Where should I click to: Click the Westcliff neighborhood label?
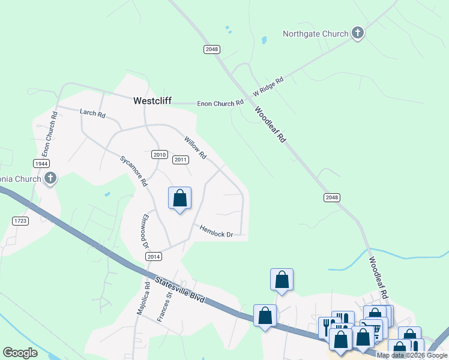pyautogui.click(x=152, y=101)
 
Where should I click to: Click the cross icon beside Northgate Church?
pyautogui.click(x=358, y=33)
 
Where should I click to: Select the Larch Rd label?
pyautogui.click(x=92, y=112)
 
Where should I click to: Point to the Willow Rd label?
pyautogui.click(x=195, y=146)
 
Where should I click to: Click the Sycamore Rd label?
pyautogui.click(x=133, y=172)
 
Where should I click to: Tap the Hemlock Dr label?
pyautogui.click(x=216, y=231)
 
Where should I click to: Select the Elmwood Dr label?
pyautogui.click(x=143, y=232)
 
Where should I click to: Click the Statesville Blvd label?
pyautogui.click(x=179, y=289)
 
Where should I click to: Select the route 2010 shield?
pyautogui.click(x=159, y=155)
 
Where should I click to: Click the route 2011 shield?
pyautogui.click(x=181, y=160)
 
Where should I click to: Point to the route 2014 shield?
pyautogui.click(x=154, y=256)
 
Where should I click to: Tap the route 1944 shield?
pyautogui.click(x=41, y=164)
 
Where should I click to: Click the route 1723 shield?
pyautogui.click(x=20, y=221)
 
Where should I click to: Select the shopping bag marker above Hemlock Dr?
pyautogui.click(x=179, y=198)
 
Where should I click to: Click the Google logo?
pyautogui.click(x=20, y=352)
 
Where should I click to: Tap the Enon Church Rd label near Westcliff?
pyautogui.click(x=220, y=104)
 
